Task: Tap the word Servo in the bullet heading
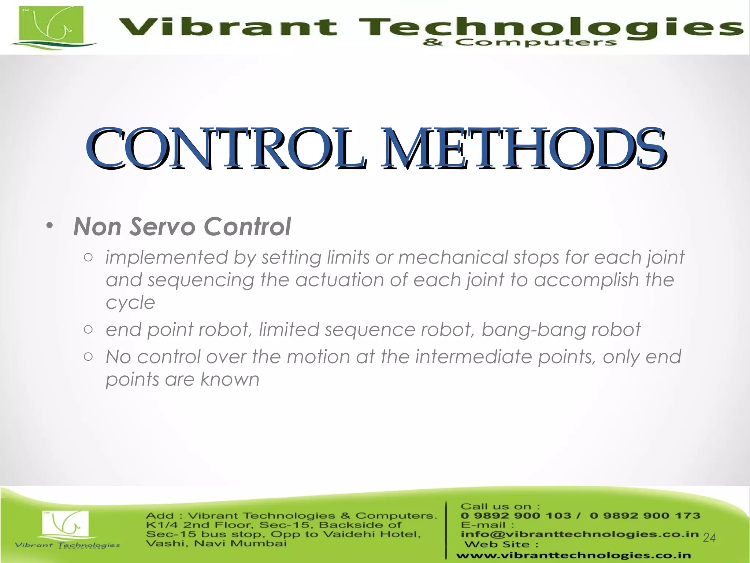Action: [x=163, y=227]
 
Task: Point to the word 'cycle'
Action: [x=130, y=303]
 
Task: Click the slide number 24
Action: [x=709, y=538]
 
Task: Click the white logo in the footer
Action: [x=65, y=527]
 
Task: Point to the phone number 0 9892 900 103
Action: [x=516, y=516]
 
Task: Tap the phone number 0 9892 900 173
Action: [x=645, y=516]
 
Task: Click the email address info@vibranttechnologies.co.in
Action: [x=580, y=534]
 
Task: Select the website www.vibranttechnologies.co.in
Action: [x=573, y=556]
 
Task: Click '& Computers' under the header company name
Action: [x=519, y=43]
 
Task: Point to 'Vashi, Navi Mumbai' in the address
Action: [x=216, y=543]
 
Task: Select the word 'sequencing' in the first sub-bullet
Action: [x=201, y=280]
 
